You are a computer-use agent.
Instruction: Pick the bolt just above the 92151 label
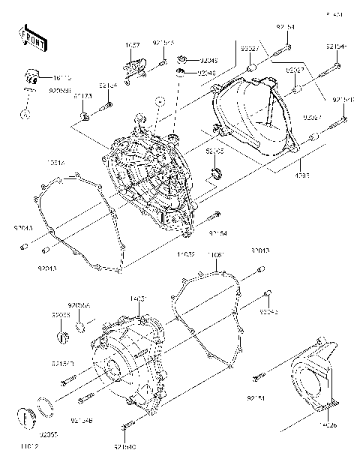click(258, 376)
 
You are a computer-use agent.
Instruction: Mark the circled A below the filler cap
click(24, 115)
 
